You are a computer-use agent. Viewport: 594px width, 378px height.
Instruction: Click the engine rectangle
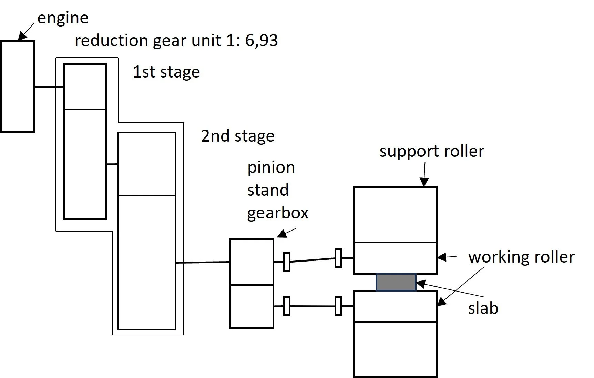(18, 86)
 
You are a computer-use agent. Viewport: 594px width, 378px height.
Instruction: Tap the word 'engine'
(63, 18)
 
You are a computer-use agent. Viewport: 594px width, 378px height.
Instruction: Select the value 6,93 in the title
(261, 41)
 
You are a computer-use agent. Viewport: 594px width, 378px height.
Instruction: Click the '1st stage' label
(166, 72)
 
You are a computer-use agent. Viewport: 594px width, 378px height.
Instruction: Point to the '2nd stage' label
(238, 136)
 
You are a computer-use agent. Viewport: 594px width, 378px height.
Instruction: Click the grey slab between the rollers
(396, 282)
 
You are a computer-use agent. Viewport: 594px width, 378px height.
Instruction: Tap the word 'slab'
(483, 308)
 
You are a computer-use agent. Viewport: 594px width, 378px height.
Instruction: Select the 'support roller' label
(432, 151)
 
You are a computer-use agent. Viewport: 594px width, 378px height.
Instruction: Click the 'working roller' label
(521, 257)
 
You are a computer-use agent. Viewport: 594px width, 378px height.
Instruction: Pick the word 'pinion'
(271, 168)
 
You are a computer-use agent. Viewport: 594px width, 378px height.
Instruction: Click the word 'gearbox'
(278, 213)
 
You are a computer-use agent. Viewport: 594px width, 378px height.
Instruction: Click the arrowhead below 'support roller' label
(424, 182)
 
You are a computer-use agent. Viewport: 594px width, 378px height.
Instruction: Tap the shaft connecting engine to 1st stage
(49, 86)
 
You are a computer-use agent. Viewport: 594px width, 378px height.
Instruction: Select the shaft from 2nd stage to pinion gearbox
(203, 263)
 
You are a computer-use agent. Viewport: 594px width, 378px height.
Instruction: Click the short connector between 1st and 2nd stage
(112, 164)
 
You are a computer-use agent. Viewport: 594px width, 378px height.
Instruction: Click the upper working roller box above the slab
(395, 258)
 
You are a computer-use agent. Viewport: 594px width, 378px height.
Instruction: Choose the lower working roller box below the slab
(395, 306)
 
